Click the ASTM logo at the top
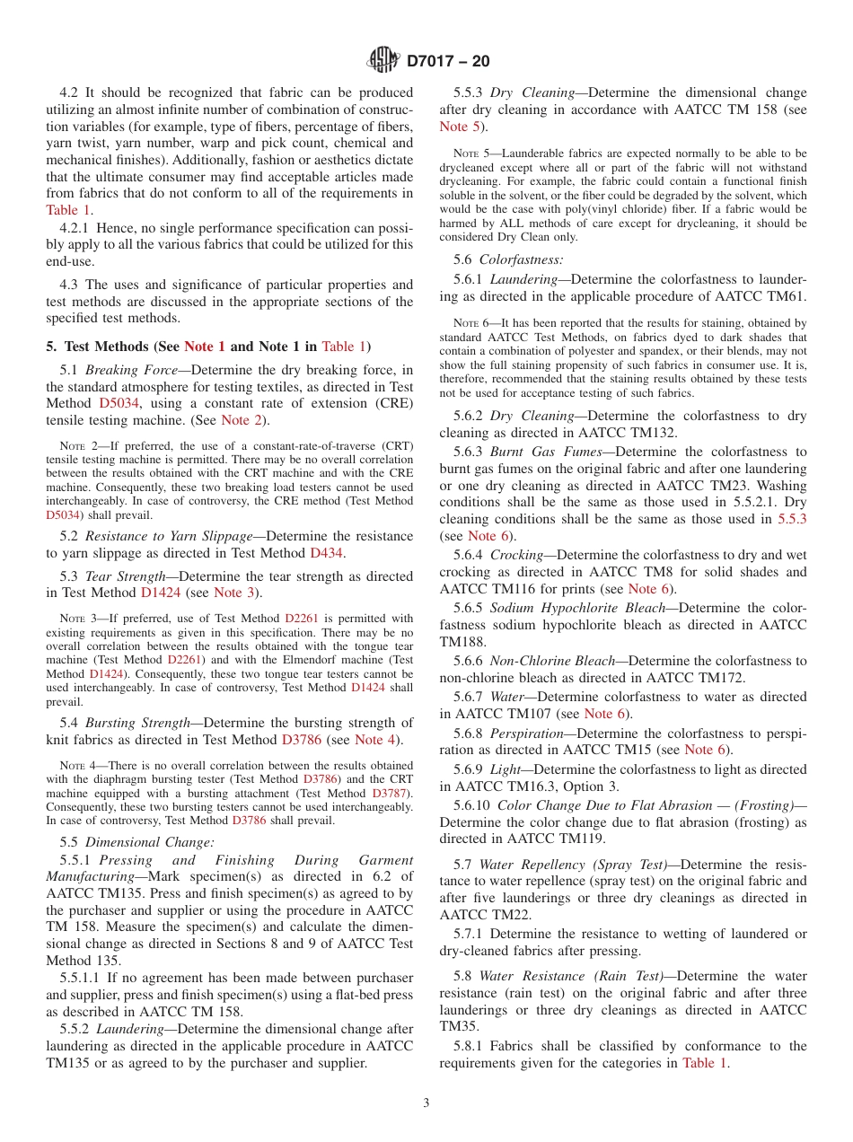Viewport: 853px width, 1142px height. tap(383, 61)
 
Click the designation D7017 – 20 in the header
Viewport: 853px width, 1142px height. tap(448, 62)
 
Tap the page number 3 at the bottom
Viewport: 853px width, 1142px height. tap(426, 1102)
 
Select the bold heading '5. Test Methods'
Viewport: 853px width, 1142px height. tap(106, 346)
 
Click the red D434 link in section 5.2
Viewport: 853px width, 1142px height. tap(326, 553)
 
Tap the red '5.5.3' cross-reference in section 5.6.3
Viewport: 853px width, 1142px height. tap(792, 518)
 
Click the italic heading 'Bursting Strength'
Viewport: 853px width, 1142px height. tap(137, 722)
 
